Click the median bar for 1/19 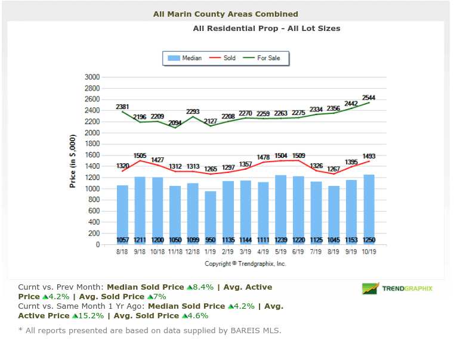211,218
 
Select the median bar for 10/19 369,209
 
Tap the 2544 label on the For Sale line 369,97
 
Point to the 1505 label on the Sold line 140,156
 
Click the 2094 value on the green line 175,123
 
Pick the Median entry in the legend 185,58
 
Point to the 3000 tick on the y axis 92,77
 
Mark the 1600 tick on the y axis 92,155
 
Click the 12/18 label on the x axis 193,252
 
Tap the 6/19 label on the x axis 298,252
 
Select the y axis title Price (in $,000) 73,161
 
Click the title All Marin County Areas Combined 226,14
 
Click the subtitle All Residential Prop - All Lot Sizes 267,28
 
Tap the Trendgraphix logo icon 370,288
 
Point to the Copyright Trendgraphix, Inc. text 245,263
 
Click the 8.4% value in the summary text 203,287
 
